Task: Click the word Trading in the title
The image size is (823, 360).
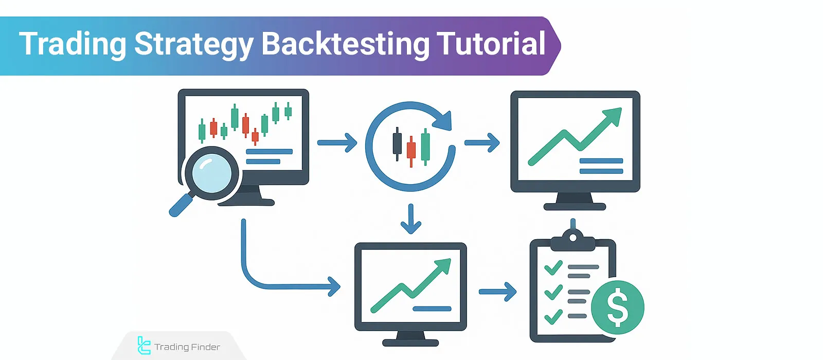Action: point(73,44)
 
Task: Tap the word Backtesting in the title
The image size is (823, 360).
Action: point(345,44)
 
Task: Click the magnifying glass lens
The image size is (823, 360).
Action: point(211,173)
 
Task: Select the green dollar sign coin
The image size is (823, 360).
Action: point(617,307)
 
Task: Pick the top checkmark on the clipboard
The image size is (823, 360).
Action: point(553,268)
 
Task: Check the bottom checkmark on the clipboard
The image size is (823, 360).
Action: point(553,316)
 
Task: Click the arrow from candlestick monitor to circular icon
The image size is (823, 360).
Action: point(337,142)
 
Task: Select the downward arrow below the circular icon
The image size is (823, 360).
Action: point(410,219)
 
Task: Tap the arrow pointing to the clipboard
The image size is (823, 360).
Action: point(497,292)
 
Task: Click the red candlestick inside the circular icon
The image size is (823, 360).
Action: point(411,150)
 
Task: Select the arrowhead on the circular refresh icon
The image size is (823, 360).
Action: point(443,121)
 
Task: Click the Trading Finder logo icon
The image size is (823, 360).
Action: point(144,346)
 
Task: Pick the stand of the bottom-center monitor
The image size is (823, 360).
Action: point(410,337)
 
